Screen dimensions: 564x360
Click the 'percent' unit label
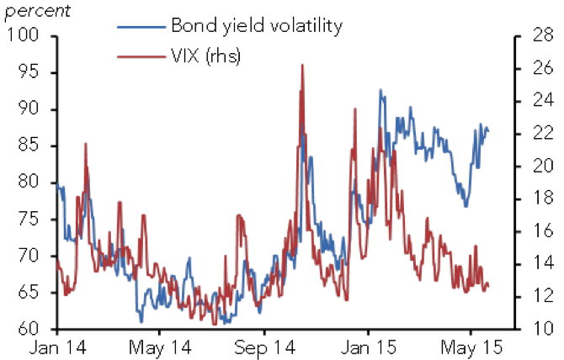coord(37,11)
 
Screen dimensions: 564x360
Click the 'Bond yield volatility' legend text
coord(257,26)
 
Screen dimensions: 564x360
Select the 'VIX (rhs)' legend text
coord(205,56)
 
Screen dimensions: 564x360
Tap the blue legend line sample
coord(141,27)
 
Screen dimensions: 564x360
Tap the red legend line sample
coord(141,56)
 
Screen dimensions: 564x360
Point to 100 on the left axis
coord(22,34)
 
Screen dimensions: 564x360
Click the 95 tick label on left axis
coord(28,72)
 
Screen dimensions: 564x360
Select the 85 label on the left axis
coord(28,146)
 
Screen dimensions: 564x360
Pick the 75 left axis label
coord(28,219)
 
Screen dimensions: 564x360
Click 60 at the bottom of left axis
coord(28,328)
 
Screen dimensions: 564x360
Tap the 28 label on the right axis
coord(542,34)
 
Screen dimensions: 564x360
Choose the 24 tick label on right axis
coord(542,100)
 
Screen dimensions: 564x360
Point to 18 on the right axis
coord(542,198)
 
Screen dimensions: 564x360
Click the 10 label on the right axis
coord(542,328)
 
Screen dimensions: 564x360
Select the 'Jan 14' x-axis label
coord(57,347)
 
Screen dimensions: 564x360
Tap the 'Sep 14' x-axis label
coord(264,347)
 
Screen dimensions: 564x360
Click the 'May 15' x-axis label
coord(471,347)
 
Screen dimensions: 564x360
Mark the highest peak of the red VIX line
coord(302,65)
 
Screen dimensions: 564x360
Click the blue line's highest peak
coord(380,90)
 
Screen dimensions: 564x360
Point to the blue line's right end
coord(488,131)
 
